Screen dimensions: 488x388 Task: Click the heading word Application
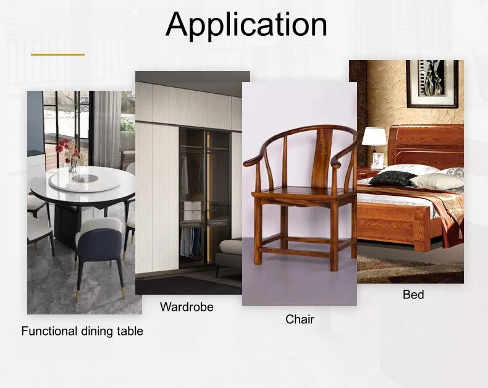[x=246, y=25]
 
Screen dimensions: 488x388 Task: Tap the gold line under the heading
[x=57, y=54]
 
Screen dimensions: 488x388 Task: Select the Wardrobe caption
[x=187, y=307]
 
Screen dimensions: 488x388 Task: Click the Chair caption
[x=300, y=319]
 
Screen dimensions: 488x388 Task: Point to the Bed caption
[x=413, y=294]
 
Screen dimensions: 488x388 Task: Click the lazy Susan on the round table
[x=85, y=182]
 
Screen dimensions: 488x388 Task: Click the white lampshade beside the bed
[x=374, y=137]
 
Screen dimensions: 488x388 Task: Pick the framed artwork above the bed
[x=432, y=84]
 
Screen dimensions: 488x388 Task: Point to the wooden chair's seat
[x=299, y=192]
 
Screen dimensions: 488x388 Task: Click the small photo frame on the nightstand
[x=377, y=161]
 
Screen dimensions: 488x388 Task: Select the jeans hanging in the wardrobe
[x=190, y=242]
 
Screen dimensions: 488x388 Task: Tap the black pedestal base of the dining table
[x=67, y=225]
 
